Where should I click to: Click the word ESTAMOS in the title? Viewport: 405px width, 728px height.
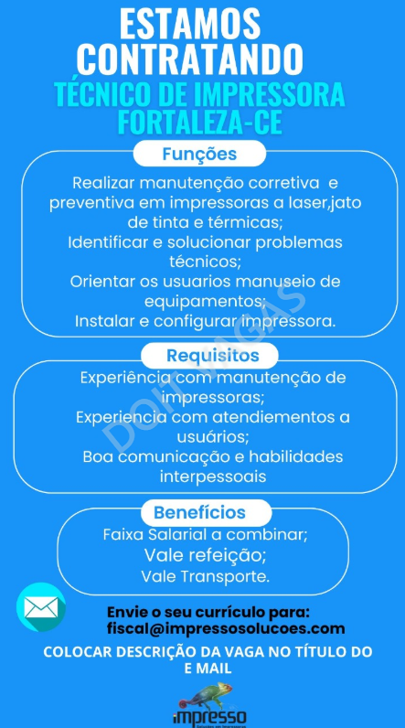pyautogui.click(x=190, y=24)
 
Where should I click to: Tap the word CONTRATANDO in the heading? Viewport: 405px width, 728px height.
pyautogui.click(x=190, y=59)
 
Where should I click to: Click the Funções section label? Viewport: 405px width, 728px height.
pyautogui.click(x=199, y=154)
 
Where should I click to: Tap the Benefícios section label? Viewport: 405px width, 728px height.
pyautogui.click(x=199, y=512)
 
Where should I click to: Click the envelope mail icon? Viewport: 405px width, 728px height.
pyautogui.click(x=41, y=607)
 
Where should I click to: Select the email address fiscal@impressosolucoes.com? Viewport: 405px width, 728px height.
pyautogui.click(x=226, y=628)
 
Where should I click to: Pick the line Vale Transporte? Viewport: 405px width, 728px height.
pyautogui.click(x=206, y=577)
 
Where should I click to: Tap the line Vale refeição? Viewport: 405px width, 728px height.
pyautogui.click(x=205, y=555)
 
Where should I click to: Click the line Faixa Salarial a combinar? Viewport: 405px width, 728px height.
pyautogui.click(x=206, y=534)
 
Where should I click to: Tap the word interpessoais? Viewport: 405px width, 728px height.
pyautogui.click(x=213, y=476)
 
